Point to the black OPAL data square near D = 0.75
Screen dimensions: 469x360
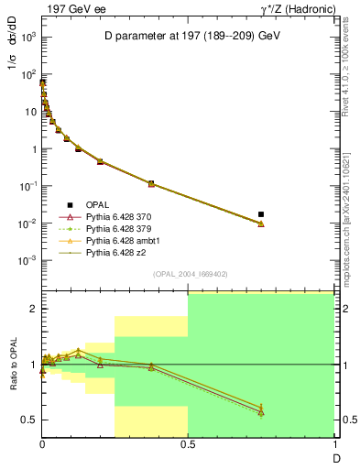click(261, 214)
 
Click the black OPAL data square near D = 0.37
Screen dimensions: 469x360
click(151, 183)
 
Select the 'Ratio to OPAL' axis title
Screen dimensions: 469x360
click(14, 365)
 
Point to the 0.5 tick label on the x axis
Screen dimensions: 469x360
click(188, 444)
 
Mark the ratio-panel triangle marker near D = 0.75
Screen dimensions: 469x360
click(261, 410)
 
